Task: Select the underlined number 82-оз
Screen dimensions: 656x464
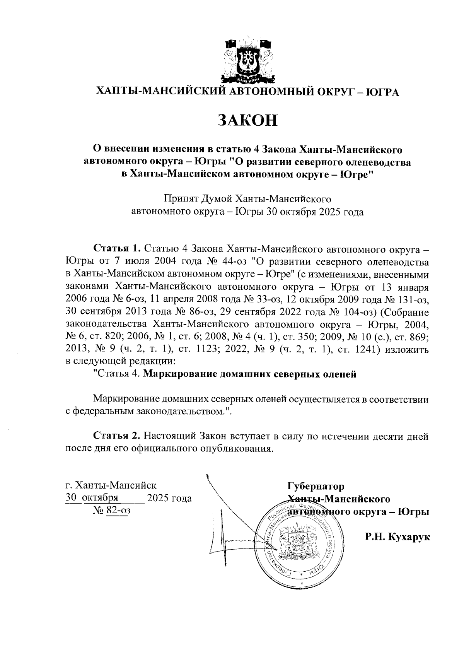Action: (118, 511)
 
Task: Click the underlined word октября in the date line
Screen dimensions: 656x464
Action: (100, 498)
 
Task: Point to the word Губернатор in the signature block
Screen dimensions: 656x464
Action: (315, 486)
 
